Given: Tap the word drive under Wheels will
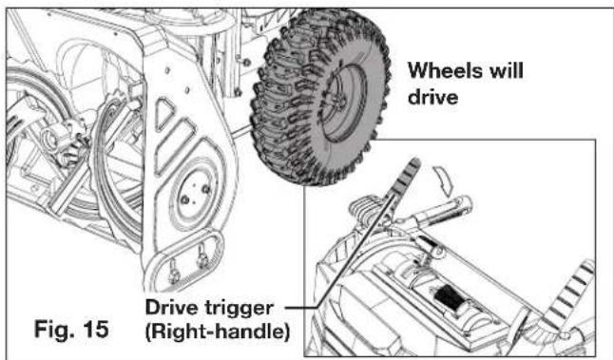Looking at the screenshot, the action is (432, 96).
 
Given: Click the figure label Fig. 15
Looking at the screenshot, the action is (71, 329).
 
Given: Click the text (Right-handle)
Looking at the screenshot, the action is (218, 332).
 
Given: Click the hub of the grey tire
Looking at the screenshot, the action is (344, 103).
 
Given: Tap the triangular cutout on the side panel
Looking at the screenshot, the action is (164, 112).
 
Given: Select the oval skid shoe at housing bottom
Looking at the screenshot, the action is (184, 261).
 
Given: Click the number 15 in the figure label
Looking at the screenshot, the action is (95, 329).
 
